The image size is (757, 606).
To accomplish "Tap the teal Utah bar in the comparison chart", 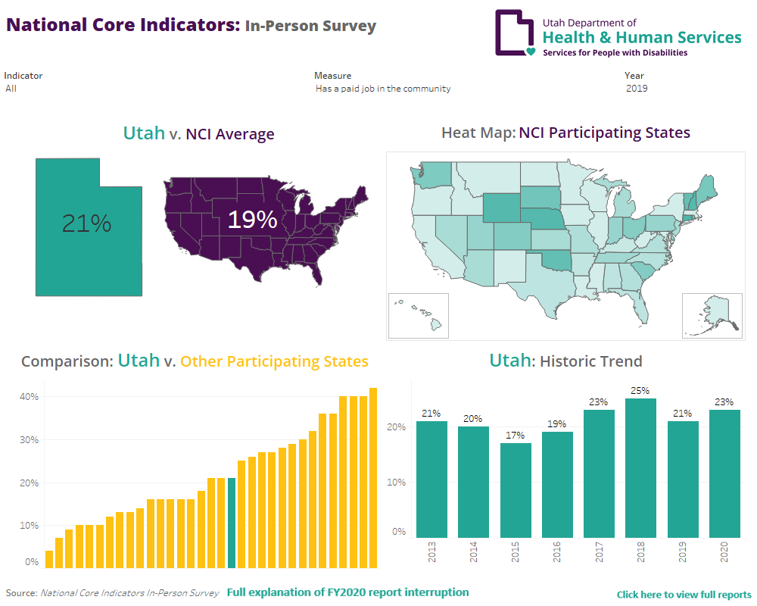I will [232, 523].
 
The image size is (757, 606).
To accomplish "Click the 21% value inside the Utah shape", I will [86, 223].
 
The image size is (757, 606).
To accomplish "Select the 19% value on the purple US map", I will [252, 220].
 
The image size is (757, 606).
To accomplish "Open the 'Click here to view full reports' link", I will [684, 595].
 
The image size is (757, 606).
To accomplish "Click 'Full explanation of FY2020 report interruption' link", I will [347, 592].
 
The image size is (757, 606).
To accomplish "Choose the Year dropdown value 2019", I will [637, 89].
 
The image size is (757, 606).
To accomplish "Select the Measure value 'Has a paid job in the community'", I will [383, 89].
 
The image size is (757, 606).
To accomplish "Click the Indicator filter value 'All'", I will [11, 89].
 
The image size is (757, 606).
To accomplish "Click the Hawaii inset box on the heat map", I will [419, 315].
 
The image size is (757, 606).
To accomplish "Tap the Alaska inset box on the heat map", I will [712, 315].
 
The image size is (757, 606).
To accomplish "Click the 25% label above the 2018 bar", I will [640, 391].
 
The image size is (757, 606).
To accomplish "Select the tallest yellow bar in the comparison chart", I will [372, 477].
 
